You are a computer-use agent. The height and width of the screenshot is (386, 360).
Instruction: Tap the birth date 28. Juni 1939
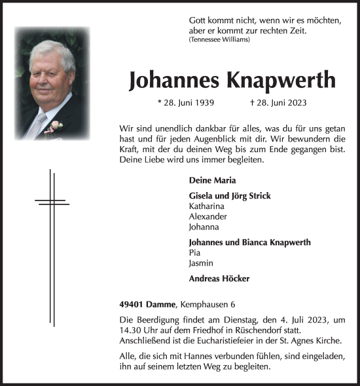[x=186, y=103]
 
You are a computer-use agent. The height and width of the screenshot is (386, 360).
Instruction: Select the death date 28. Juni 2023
[x=278, y=103]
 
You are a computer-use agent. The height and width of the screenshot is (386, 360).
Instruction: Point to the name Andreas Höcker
[x=219, y=278]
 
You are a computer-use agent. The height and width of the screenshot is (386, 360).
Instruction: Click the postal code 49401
[x=134, y=303]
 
